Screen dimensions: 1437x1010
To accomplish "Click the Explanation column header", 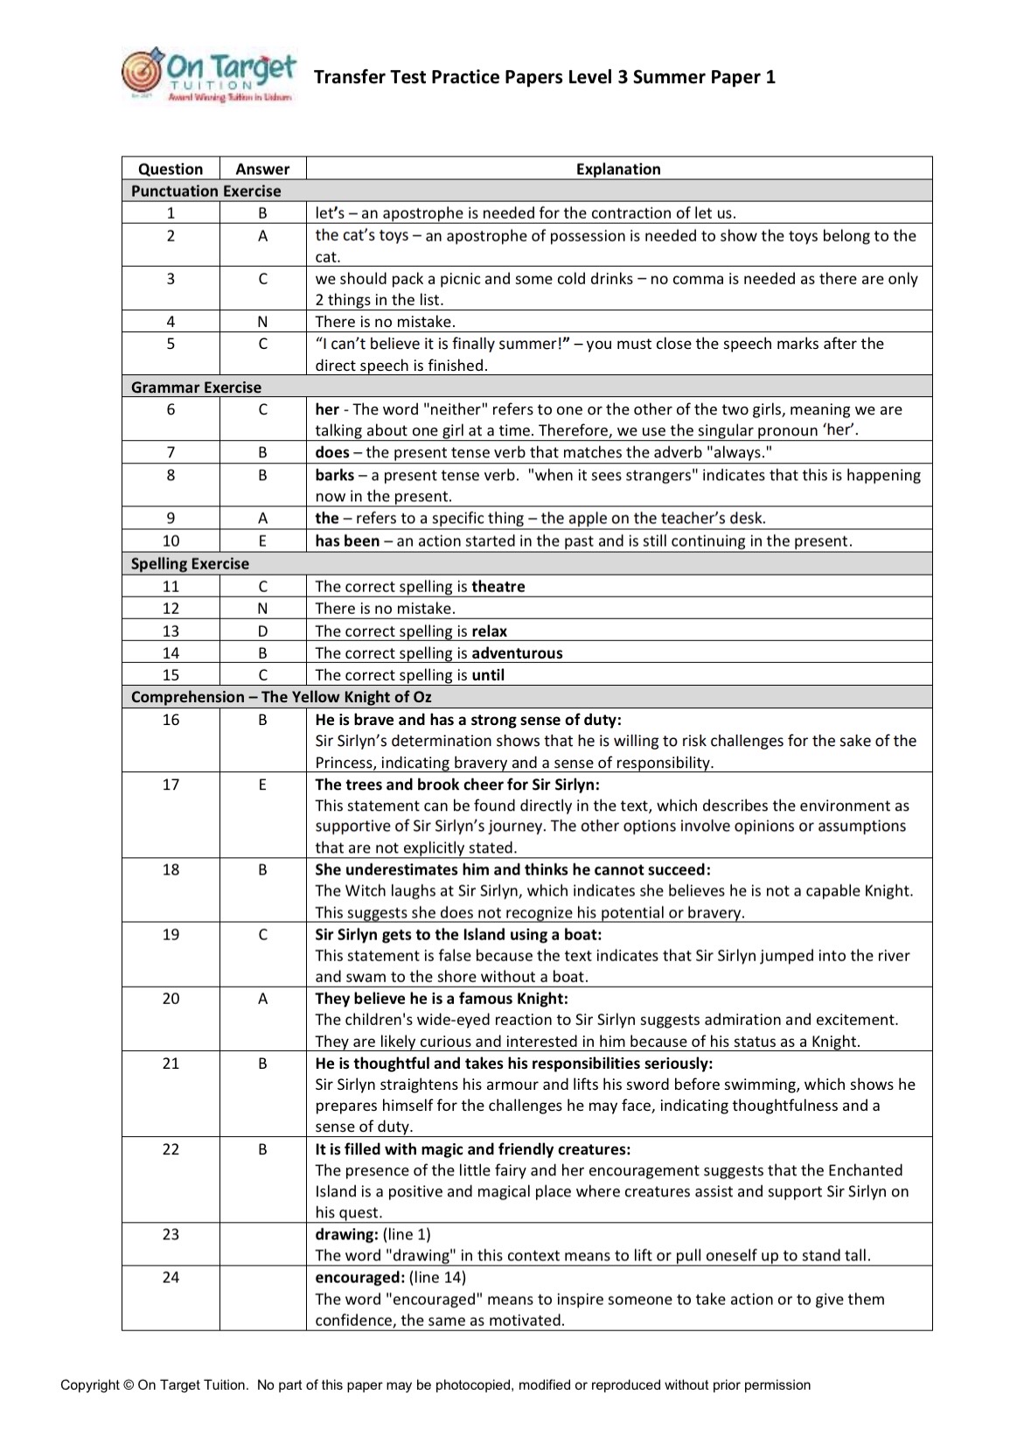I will point(618,169).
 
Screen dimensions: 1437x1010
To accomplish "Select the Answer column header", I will point(262,169).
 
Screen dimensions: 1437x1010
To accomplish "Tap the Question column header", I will point(171,169).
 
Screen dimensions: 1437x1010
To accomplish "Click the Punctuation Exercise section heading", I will point(206,191).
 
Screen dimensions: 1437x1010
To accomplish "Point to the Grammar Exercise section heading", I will point(196,387).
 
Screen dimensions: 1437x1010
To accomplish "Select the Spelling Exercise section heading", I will point(190,563).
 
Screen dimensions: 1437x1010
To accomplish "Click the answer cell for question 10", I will point(262,541).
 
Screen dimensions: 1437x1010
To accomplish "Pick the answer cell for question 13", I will point(262,631).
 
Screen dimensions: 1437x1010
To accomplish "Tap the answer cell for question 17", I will point(262,784).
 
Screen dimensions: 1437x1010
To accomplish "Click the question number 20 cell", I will point(171,998).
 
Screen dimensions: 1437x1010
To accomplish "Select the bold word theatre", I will point(498,586).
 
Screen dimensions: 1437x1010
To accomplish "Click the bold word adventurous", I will point(517,652).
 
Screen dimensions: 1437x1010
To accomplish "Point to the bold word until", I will point(488,674).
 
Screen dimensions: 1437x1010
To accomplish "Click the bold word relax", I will point(490,631).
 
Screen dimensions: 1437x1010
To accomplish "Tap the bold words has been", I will point(347,541).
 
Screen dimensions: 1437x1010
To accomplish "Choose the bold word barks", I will point(335,475).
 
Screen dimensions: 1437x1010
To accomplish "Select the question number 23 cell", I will point(171,1234).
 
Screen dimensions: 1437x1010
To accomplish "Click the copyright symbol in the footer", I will point(129,1385).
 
